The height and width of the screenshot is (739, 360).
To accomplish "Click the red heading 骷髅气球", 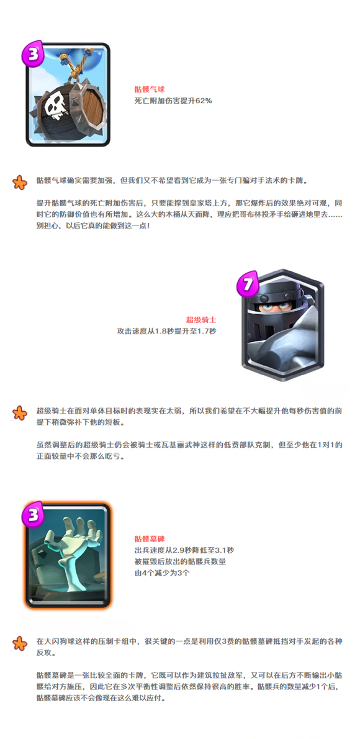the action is pos(149,89).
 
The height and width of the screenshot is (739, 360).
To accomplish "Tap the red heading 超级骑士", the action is pos(201,320).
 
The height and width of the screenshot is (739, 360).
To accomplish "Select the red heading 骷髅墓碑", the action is pos(149,538).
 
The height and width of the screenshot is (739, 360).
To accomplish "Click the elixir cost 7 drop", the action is pos(248,284).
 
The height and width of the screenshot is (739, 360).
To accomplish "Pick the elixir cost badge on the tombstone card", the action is pos(32,515).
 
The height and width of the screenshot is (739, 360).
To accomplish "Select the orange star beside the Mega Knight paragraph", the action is pos(19,413).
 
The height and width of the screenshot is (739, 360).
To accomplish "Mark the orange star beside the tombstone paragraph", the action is pos(19,643).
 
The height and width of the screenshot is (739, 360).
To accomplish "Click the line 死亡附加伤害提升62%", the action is pos(173,101).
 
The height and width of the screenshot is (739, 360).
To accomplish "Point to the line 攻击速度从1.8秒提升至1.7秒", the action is pos(166,332).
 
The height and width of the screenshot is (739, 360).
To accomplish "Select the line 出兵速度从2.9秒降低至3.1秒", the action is pos(184,550).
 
